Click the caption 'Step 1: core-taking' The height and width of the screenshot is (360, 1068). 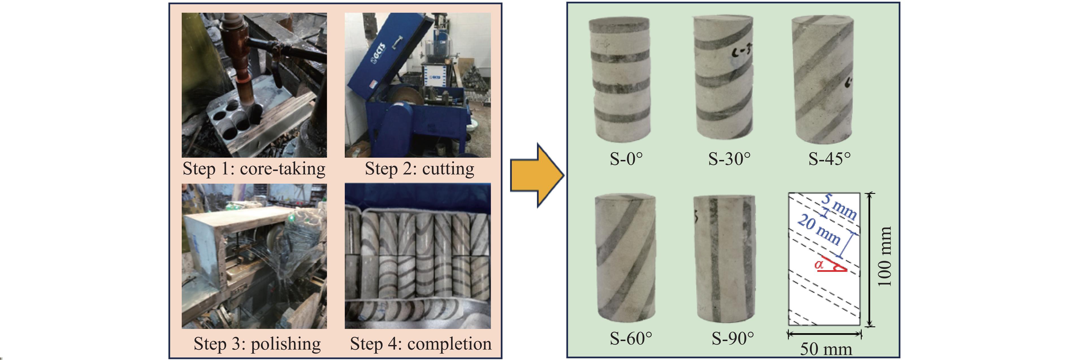point(254,169)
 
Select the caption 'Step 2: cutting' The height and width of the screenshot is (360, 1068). point(419,169)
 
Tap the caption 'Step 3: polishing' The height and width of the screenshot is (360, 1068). point(257,344)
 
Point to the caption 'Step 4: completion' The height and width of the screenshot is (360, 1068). point(421,344)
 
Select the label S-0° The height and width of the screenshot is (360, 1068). point(626,159)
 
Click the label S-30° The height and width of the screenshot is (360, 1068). point(729,159)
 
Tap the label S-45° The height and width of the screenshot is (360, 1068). point(829,159)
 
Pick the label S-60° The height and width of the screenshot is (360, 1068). point(631,339)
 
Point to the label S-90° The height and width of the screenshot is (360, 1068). point(732,339)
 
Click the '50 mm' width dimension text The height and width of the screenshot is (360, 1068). point(826,349)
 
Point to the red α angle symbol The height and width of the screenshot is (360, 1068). point(819,264)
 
